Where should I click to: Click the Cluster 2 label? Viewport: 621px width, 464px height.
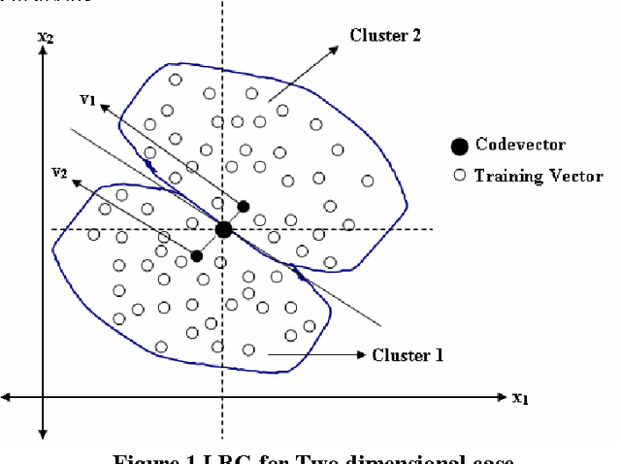(x=385, y=35)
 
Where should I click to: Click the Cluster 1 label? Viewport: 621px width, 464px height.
(x=408, y=355)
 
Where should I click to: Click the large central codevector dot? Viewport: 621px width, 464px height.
(x=223, y=230)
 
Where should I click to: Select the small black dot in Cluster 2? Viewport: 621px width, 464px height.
(x=244, y=206)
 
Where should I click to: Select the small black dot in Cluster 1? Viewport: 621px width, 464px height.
(x=196, y=256)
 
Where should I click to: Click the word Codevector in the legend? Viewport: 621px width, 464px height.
(x=520, y=146)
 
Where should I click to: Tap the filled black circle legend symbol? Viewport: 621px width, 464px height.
(x=459, y=147)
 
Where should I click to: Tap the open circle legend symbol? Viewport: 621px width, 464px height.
(x=459, y=176)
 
